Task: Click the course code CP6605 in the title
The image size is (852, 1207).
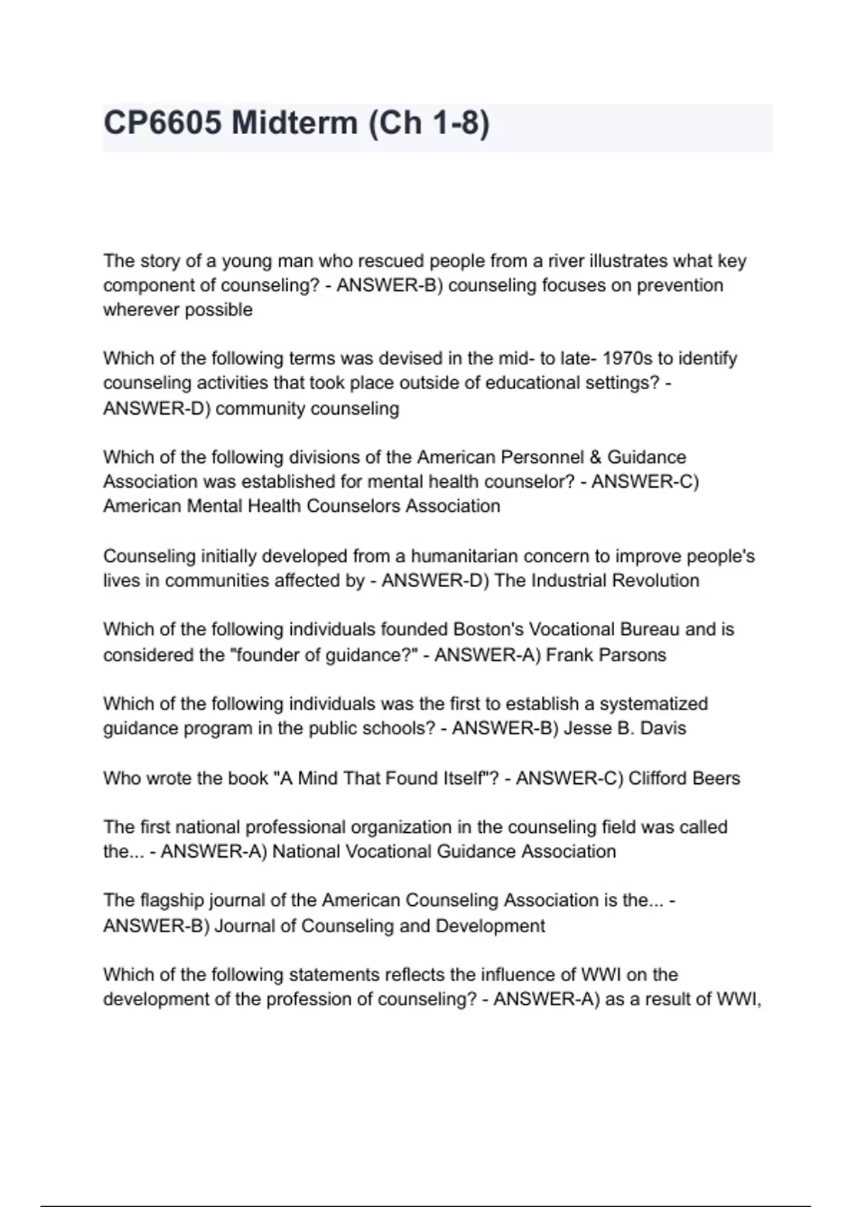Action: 162,124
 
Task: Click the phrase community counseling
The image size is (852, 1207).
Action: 307,409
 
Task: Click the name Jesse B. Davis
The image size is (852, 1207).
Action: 625,728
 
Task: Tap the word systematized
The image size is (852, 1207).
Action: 654,704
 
